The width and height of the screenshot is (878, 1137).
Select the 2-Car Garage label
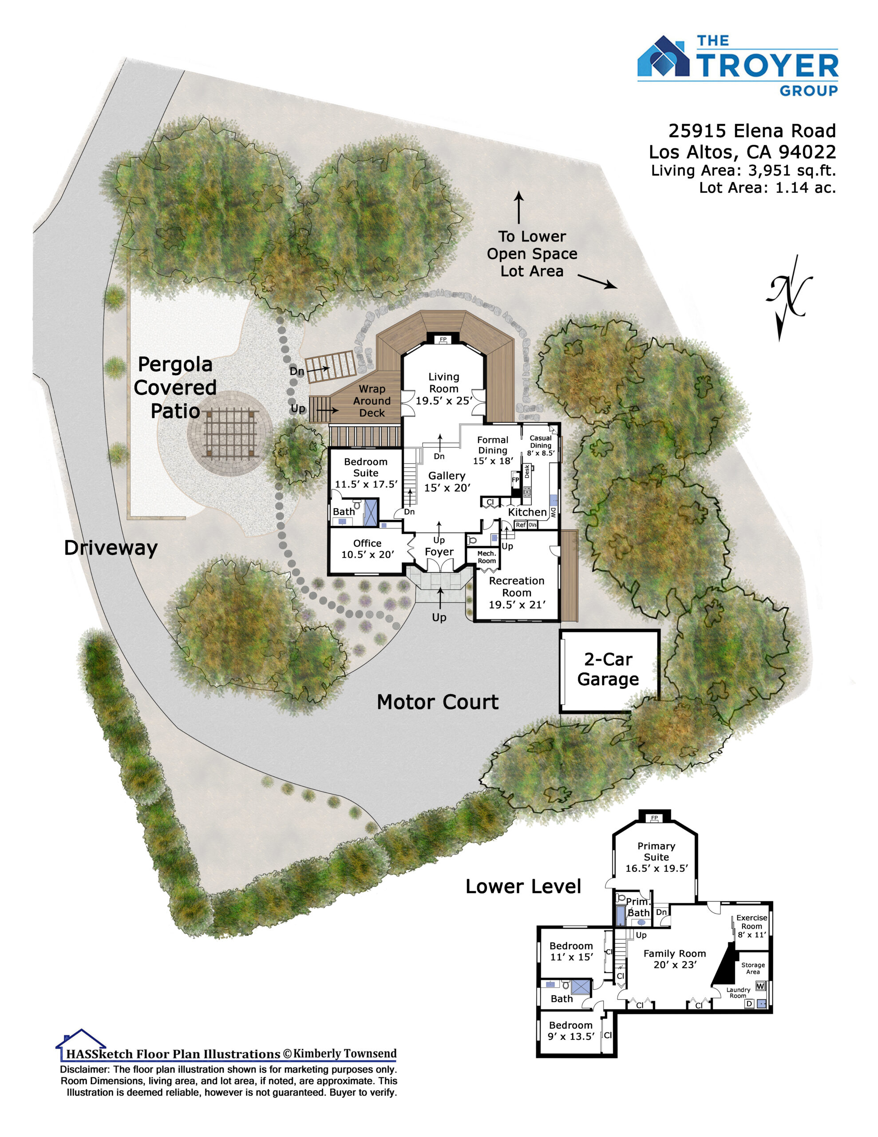tap(608, 669)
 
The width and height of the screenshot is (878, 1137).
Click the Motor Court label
tap(438, 702)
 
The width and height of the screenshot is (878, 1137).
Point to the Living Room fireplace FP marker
tap(443, 339)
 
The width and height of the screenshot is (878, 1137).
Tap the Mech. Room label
tap(486, 557)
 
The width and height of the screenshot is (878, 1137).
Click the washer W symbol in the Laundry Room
tap(760, 986)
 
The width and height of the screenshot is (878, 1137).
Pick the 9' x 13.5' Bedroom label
tap(570, 1030)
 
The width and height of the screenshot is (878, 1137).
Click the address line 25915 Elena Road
tap(752, 130)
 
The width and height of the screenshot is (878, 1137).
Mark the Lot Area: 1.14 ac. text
tap(767, 187)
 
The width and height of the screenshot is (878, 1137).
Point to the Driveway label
tap(111, 548)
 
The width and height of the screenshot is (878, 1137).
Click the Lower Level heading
tap(523, 886)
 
